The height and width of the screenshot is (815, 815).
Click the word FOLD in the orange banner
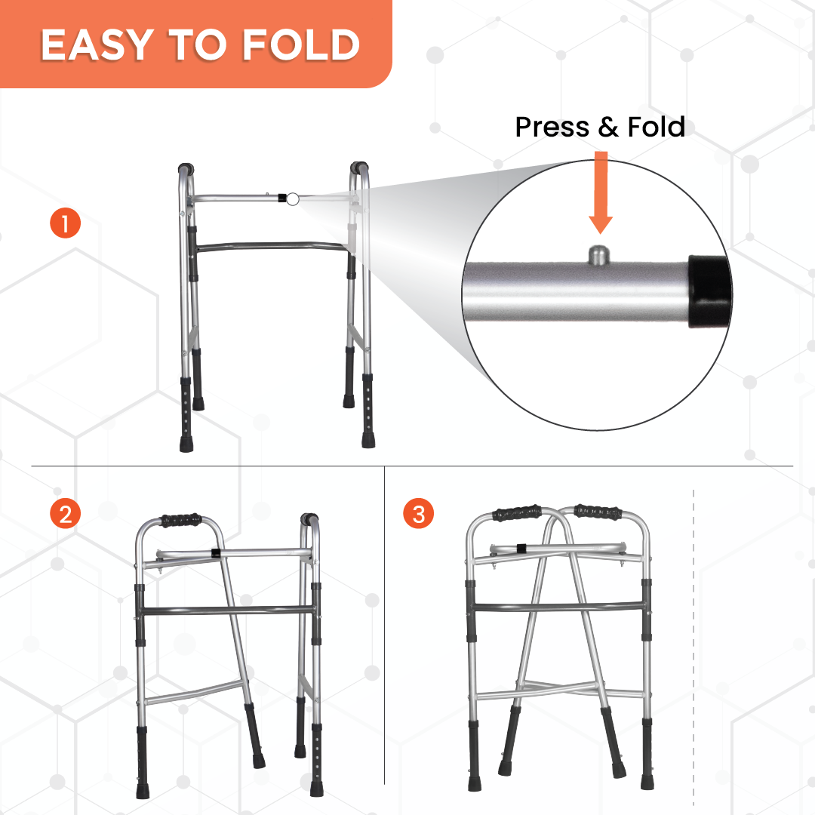click(301, 45)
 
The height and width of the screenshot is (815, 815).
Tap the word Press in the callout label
click(552, 128)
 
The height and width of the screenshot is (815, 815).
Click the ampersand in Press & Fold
click(608, 128)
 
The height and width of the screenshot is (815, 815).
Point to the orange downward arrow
click(601, 192)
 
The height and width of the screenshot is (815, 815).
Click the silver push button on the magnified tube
click(598, 256)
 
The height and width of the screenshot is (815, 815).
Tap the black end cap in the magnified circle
click(710, 291)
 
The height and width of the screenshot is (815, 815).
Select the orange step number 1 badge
click(65, 223)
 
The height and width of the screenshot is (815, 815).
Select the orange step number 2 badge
click(65, 514)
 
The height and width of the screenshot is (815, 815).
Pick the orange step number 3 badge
click(418, 514)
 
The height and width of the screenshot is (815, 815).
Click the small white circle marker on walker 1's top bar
click(293, 199)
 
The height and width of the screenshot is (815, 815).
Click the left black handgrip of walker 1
click(186, 169)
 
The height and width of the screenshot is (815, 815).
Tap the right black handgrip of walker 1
click(358, 168)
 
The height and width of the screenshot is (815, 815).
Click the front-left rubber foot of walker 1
click(186, 444)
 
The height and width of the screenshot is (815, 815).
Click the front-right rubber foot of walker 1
click(368, 440)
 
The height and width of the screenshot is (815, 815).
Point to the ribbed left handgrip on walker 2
click(181, 520)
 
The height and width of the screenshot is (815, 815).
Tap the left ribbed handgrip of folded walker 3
click(517, 513)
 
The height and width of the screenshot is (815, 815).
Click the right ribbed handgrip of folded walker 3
click(598, 512)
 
